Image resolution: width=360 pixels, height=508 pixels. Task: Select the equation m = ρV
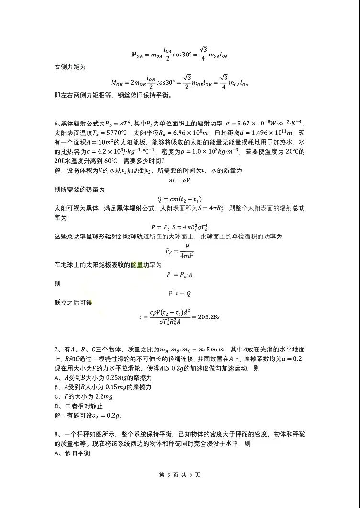pos(180,180)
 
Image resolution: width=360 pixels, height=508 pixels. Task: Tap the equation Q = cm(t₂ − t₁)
pos(180,199)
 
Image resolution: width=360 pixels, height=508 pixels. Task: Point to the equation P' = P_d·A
pos(179,274)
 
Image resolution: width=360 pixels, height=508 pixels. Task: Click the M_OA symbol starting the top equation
pos(139,54)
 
